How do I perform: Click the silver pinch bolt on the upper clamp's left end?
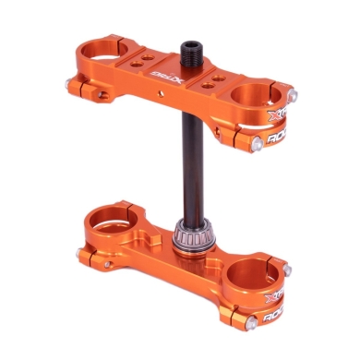pyautogui.click(x=69, y=87)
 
